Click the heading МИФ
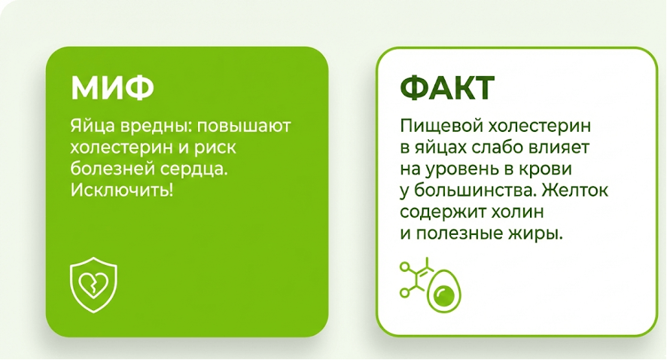point(112,87)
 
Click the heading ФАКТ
point(446,88)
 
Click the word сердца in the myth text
point(198,168)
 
